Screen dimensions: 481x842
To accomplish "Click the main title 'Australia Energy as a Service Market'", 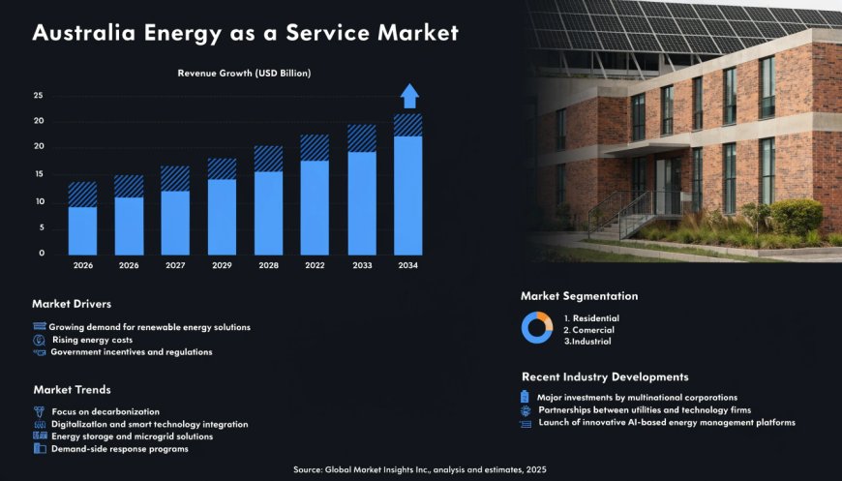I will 245,33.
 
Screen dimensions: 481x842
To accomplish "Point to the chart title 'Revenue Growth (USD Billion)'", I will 244,73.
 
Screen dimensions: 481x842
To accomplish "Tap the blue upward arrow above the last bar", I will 409,96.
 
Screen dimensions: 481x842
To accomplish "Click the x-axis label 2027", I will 174,264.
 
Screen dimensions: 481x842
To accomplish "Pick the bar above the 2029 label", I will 222,208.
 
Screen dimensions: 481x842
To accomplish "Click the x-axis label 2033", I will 361,264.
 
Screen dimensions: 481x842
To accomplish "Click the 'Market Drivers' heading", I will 72,304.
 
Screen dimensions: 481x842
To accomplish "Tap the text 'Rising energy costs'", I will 92,340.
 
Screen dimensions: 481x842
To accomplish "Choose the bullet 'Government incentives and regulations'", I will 131,352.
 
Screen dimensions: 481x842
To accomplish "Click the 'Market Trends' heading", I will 72,389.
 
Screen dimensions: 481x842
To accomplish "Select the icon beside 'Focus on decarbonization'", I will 39,411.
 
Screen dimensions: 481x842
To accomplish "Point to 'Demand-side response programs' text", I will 119,449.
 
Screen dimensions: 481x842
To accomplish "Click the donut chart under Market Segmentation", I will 537,328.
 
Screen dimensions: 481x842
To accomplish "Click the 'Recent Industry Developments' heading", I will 605,376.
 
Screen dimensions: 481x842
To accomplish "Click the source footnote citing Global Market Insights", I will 420,469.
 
